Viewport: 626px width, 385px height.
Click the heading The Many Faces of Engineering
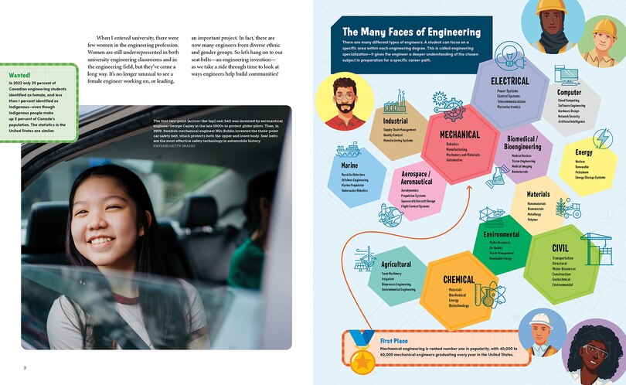411,32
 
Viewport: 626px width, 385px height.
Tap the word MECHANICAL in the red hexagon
460,134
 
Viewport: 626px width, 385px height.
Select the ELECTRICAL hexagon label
509,80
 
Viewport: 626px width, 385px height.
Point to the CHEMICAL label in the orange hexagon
459,280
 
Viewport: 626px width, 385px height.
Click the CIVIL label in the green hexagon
560,248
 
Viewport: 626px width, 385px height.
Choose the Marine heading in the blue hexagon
349,165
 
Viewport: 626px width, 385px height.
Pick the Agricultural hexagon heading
396,264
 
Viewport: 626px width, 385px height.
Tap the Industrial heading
396,121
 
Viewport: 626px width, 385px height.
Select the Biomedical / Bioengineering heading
522,142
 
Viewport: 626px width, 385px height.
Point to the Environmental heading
501,233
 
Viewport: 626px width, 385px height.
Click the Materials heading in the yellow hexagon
538,194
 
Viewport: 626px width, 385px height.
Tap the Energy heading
583,153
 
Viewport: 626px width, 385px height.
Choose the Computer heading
569,93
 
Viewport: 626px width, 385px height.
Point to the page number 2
25,367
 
